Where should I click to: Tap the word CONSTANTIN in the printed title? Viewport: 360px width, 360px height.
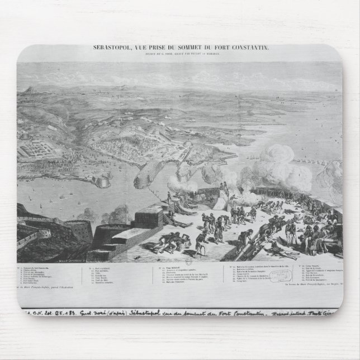pyautogui.click(x=249, y=48)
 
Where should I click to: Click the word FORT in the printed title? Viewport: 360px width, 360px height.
pyautogui.click(x=221, y=48)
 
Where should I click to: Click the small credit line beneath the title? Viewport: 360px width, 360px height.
pyautogui.click(x=181, y=55)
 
